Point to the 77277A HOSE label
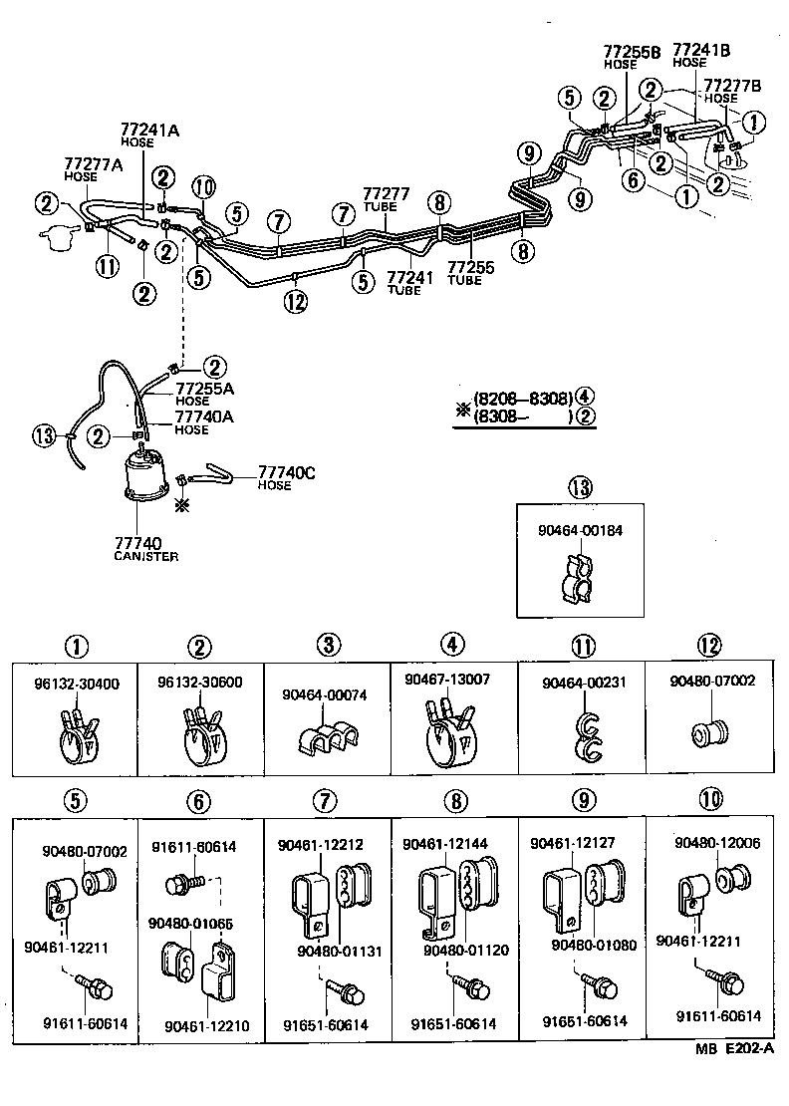tap(94, 168)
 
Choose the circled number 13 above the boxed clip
tap(580, 487)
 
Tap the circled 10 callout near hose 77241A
tap(203, 186)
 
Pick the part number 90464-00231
tap(580, 684)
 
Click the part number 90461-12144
tap(444, 845)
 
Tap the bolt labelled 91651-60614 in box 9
tap(603, 986)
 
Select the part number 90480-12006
tap(716, 843)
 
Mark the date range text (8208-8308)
tap(516, 399)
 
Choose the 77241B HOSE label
tap(701, 54)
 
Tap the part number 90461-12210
tap(207, 1025)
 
